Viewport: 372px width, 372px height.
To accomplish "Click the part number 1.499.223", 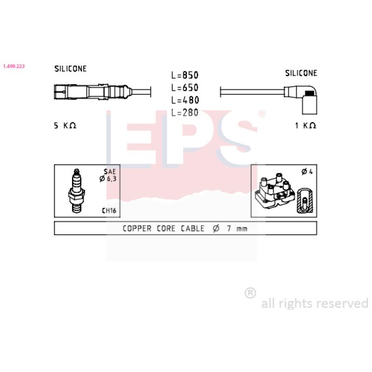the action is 14,66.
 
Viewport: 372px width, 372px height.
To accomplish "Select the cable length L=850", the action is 185,75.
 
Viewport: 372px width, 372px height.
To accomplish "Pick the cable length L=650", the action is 185,88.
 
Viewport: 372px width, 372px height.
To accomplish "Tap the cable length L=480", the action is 185,100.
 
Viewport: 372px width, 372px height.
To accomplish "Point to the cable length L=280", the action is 185,113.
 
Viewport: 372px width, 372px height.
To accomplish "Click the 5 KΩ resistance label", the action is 65,125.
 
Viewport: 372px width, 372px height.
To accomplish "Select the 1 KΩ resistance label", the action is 306,125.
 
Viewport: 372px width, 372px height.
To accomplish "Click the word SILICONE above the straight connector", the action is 71,68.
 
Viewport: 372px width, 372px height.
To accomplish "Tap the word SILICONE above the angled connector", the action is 301,73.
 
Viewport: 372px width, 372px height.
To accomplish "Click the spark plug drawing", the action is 76,191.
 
